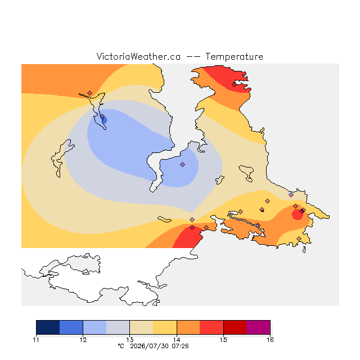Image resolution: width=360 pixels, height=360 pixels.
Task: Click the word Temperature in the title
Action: [234, 56]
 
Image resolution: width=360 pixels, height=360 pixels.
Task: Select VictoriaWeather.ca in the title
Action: [138, 56]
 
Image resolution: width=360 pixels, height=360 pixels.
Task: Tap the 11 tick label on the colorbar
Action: [36, 340]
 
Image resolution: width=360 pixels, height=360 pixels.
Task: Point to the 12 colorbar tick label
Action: [83, 340]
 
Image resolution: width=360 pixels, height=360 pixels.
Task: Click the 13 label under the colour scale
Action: [130, 340]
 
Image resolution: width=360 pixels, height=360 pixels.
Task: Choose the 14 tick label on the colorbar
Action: [177, 340]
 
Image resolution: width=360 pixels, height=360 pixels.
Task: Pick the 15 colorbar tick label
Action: [223, 340]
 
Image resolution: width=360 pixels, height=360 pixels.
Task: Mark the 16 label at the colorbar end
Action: [270, 340]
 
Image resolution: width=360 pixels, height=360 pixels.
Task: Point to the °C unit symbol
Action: [121, 346]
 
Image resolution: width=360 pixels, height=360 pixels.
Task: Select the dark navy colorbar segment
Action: [48, 327]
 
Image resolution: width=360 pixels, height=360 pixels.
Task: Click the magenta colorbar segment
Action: [258, 327]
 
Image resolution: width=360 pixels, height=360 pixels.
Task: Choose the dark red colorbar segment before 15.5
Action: [235, 327]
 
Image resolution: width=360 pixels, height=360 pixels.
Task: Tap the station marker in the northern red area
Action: [234, 85]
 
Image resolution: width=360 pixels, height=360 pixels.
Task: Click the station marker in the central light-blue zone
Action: [182, 164]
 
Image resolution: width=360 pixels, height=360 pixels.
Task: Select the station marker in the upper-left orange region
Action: [90, 93]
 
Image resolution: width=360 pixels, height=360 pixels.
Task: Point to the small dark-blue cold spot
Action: [105, 120]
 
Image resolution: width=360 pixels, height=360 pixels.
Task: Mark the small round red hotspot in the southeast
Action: [298, 214]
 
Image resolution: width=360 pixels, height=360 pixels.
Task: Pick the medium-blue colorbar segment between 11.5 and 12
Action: [71, 327]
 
